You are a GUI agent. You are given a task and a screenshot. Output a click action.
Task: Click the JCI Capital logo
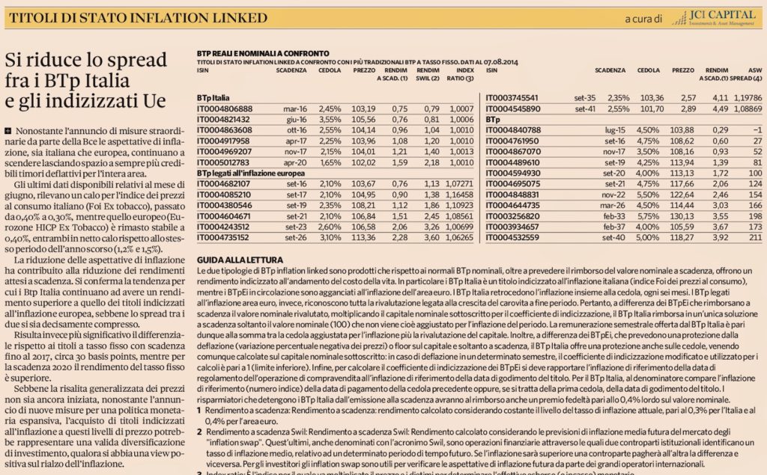pyautogui.click(x=711, y=16)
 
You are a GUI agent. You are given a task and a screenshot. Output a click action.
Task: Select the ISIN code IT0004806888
pyautogui.click(x=224, y=108)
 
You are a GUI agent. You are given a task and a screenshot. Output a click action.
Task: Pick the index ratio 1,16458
pyautogui.click(x=458, y=194)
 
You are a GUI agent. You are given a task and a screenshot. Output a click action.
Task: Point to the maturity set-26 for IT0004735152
pyautogui.click(x=296, y=238)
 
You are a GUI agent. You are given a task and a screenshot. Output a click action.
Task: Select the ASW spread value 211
pyautogui.click(x=754, y=238)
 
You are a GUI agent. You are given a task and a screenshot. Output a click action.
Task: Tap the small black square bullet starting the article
pyautogui.click(x=7, y=131)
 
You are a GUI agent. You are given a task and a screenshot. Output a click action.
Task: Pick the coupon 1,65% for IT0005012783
pyautogui.click(x=330, y=162)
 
